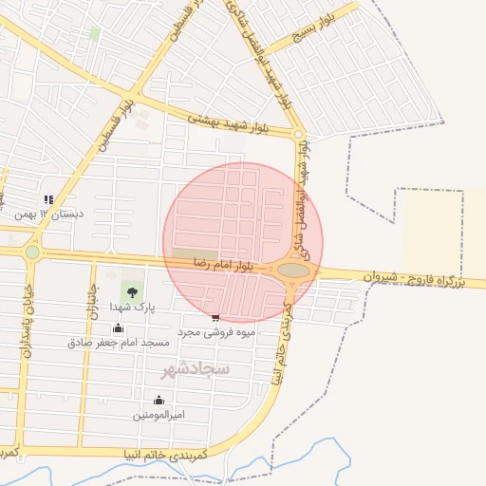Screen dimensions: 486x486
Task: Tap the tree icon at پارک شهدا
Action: pos(131,290)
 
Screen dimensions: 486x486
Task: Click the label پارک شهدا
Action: pos(131,307)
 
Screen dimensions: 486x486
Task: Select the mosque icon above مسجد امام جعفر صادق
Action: pos(118,327)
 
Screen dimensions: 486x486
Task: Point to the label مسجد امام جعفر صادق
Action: pos(118,342)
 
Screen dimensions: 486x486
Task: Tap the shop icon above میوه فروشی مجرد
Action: pos(215,319)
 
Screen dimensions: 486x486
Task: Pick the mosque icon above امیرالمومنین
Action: pos(158,400)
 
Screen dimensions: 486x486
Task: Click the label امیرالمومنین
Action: pos(159,415)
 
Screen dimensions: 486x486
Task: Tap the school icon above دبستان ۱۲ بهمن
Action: pos(48,199)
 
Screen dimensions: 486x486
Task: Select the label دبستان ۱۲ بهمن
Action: pos(48,215)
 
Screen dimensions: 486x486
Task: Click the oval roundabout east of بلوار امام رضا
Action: pos(294,271)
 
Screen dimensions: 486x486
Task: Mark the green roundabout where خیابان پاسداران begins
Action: pos(33,252)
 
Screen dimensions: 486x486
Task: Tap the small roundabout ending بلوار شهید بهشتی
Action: pos(298,135)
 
